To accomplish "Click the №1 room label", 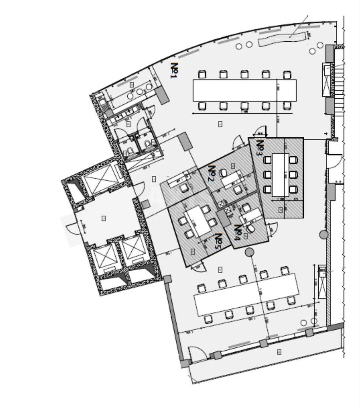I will [174, 71].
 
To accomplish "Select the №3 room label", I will [260, 148].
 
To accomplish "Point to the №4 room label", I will [238, 232].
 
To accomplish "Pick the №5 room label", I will [219, 241].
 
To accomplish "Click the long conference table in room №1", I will [244, 90].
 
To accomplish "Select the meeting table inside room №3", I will [280, 175].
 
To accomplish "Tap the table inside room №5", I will [198, 221].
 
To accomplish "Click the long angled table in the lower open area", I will [246, 294].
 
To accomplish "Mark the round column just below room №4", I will [249, 252].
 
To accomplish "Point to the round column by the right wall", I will [324, 234].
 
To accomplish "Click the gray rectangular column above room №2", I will [186, 141].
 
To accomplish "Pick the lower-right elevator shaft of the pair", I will [134, 250].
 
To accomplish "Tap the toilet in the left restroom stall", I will [131, 151].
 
